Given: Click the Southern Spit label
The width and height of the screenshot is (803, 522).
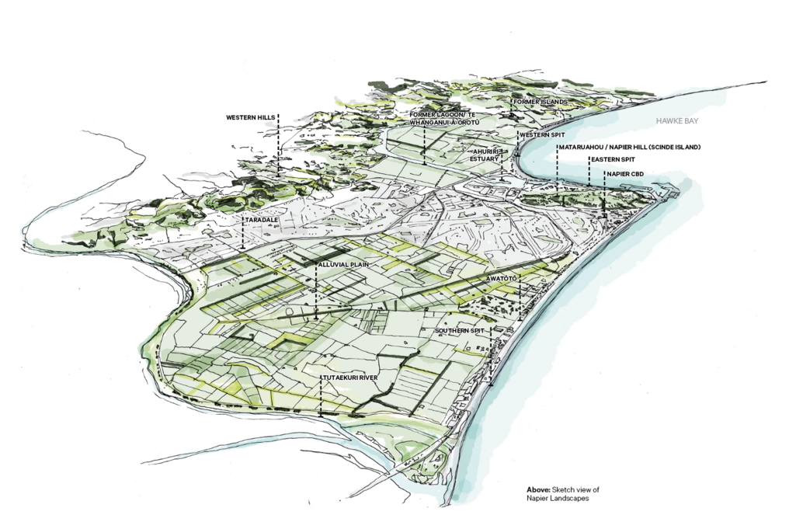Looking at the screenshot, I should (x=458, y=331).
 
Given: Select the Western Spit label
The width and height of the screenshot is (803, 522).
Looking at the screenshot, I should (x=541, y=135).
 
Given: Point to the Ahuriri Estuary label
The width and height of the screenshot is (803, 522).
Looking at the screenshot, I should (x=483, y=155).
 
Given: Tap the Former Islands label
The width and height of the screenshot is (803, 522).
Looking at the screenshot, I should (x=540, y=102).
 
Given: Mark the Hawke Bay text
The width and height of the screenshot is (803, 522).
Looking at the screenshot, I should (x=677, y=122).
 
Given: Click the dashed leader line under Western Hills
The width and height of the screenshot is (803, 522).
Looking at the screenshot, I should (x=277, y=148).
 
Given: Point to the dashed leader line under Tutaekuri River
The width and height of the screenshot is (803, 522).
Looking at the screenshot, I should (x=321, y=400).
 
